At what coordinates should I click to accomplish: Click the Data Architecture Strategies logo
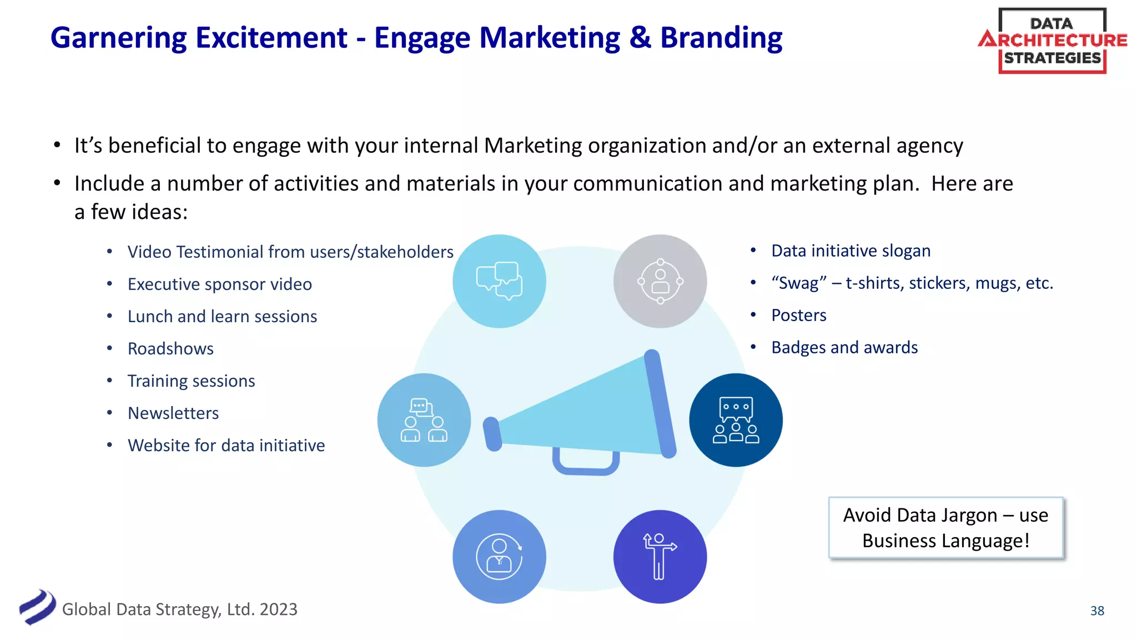[x=1052, y=41]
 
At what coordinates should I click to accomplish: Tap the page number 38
[x=1097, y=611]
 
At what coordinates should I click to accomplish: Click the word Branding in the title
[x=721, y=38]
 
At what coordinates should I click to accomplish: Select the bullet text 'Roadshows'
[x=170, y=349]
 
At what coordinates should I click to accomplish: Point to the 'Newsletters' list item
[x=173, y=413]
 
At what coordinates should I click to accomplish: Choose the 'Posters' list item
[x=798, y=316]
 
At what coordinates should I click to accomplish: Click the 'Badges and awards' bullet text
[x=844, y=348]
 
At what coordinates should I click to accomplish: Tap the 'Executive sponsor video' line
[x=219, y=284]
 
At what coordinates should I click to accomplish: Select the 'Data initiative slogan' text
[x=851, y=251]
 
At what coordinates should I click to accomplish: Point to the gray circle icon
[x=660, y=281]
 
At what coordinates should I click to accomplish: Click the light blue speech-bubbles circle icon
[x=499, y=281]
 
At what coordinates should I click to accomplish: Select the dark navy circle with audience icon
[x=736, y=420]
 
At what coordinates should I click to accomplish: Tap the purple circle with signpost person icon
[x=660, y=557]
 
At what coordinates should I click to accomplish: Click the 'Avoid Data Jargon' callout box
[x=945, y=528]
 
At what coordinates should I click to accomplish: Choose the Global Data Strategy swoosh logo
[x=38, y=607]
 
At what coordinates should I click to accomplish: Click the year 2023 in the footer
[x=278, y=609]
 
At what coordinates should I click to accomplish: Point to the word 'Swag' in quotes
[x=798, y=283]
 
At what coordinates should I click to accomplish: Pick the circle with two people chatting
[x=424, y=420]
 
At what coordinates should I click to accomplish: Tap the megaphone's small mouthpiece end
[x=492, y=434]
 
